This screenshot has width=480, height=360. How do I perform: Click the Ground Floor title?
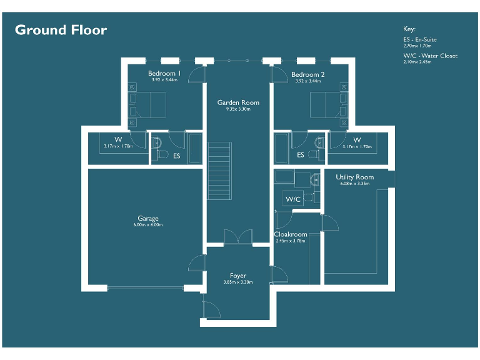[x=61, y=30]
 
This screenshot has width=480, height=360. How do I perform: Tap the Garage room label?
[x=148, y=219]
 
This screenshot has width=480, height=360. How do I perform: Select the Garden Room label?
[x=238, y=102]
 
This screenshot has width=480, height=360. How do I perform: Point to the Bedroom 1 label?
[x=164, y=74]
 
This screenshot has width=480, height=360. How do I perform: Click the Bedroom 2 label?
[x=308, y=74]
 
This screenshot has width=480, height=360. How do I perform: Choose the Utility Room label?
[x=354, y=177]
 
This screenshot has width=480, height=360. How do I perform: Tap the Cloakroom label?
[x=291, y=234]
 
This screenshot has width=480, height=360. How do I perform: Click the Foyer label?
[x=238, y=276]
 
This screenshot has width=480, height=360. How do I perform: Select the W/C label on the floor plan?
[x=293, y=199]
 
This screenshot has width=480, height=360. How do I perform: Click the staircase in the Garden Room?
[x=219, y=170]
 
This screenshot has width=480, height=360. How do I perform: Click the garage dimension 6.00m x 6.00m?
[x=148, y=225]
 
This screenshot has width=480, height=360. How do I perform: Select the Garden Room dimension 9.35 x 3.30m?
[x=238, y=109]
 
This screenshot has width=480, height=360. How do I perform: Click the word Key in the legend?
[x=409, y=29]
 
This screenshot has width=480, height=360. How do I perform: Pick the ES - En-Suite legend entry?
[x=420, y=39]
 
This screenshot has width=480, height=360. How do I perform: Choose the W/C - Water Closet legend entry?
[x=430, y=56]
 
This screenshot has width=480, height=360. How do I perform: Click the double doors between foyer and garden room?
[x=238, y=237]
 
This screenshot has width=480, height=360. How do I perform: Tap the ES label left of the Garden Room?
[x=177, y=156]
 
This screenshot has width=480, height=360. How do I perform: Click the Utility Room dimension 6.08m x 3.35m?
[x=354, y=184]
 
